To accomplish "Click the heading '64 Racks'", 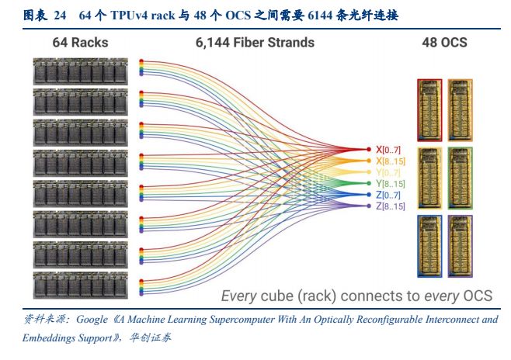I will pos(81,42).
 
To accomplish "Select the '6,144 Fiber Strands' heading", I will pos(255,42).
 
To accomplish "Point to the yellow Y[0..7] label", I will pos(388,171).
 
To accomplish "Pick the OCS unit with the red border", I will pos(429,108).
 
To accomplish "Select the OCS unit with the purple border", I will pos(458,246).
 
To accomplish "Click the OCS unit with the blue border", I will pos(429,246).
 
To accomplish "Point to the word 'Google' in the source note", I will pos(98,320).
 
